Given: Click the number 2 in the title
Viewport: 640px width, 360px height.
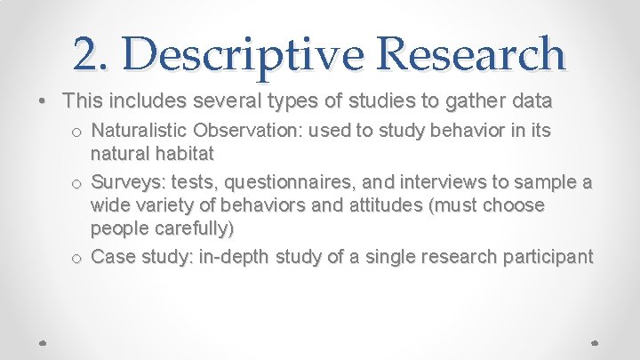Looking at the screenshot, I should [87, 54].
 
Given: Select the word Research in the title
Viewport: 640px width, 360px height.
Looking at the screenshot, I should [472, 54].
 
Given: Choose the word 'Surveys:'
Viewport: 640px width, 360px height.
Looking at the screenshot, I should [125, 184].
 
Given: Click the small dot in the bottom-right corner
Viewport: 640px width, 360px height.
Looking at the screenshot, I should [595, 341].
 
